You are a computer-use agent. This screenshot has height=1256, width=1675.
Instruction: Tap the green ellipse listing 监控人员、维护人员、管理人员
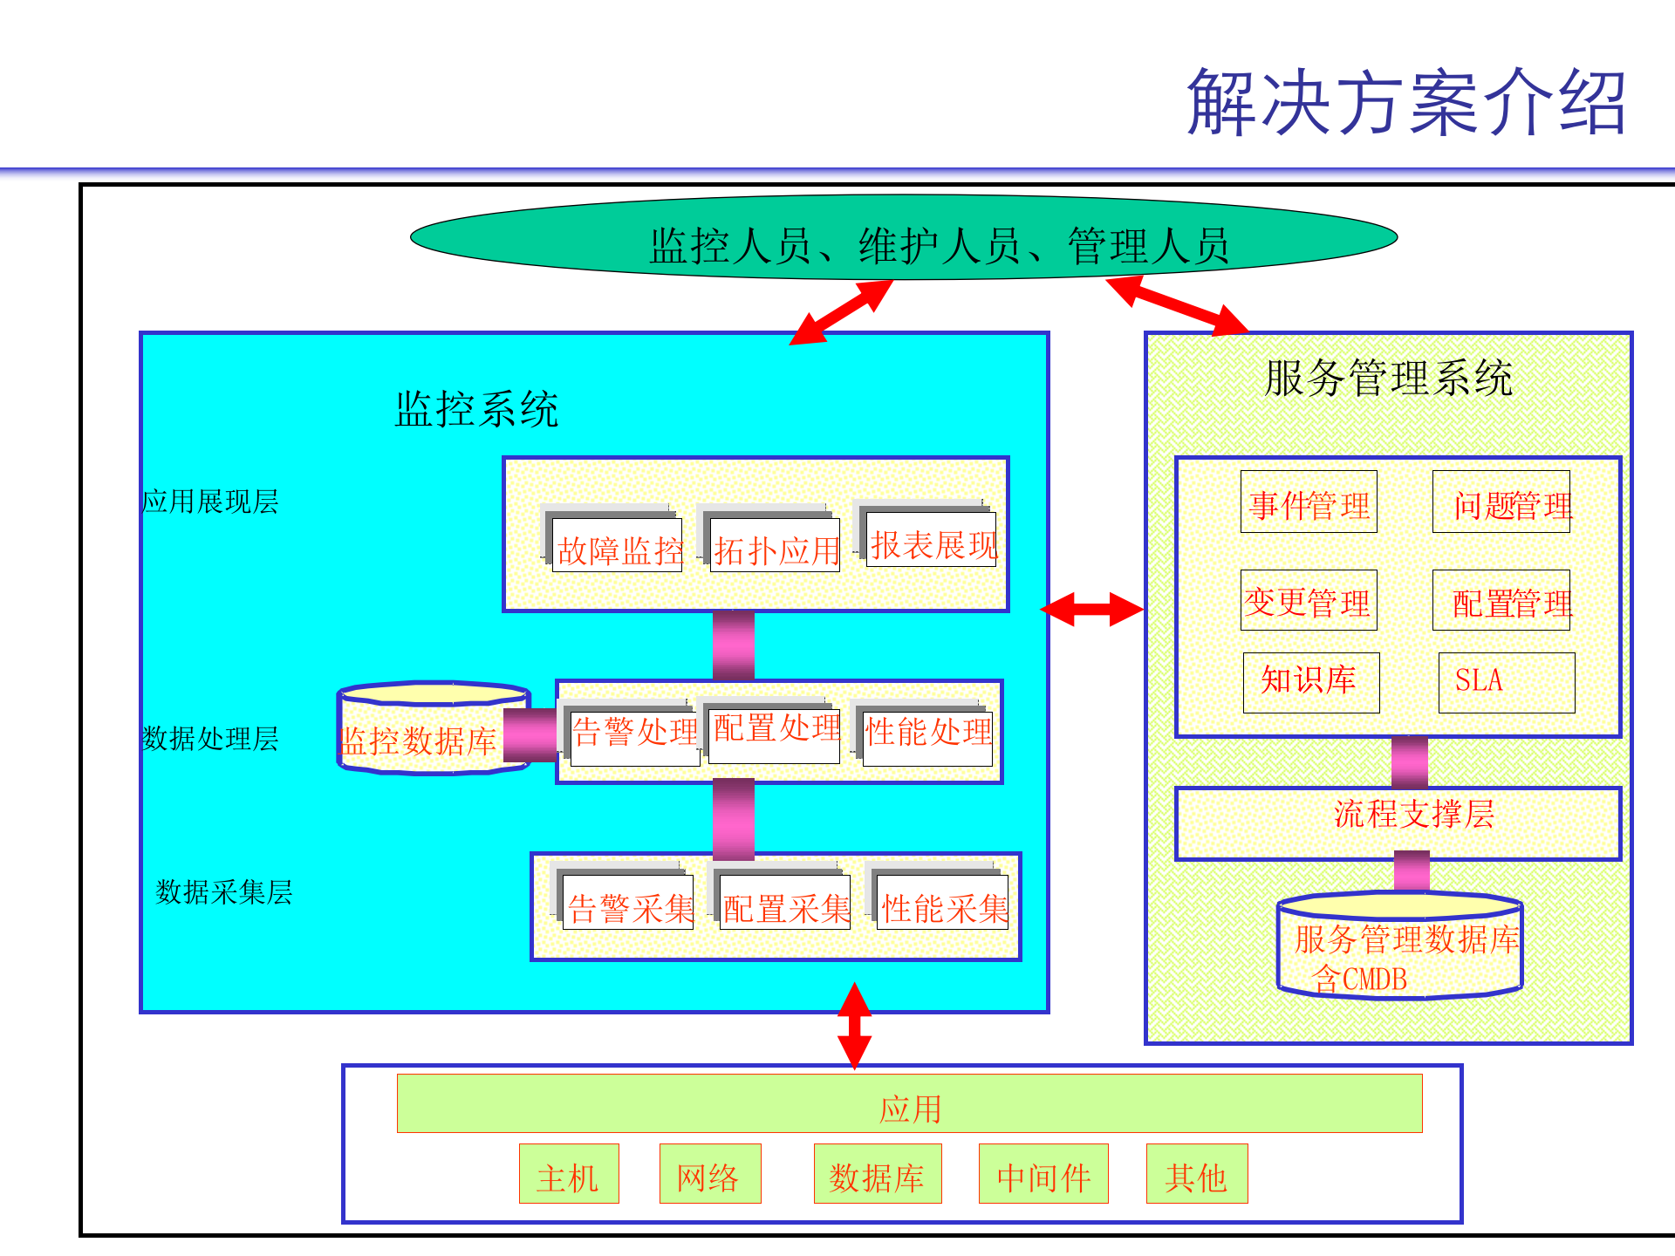click(x=904, y=238)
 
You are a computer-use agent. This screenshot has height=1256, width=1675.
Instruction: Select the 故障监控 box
click(x=617, y=545)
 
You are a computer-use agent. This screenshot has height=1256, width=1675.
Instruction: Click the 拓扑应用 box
click(x=775, y=545)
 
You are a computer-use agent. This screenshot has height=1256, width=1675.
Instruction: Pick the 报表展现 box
click(x=931, y=541)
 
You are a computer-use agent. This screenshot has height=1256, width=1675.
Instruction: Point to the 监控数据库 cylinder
click(x=434, y=730)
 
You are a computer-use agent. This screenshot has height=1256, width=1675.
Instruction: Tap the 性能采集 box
click(x=942, y=904)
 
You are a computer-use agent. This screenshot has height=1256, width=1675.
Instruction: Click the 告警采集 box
click(x=627, y=904)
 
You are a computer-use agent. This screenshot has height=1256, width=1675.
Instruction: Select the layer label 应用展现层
click(x=210, y=502)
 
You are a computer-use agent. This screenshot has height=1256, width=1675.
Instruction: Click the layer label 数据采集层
click(x=223, y=891)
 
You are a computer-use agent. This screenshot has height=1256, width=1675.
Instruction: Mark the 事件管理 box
click(x=1309, y=503)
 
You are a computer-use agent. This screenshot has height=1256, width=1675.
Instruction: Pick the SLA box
click(x=1506, y=682)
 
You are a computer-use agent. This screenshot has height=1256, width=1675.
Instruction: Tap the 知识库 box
click(x=1310, y=682)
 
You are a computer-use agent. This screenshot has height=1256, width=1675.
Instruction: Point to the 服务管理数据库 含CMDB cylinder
click(x=1400, y=947)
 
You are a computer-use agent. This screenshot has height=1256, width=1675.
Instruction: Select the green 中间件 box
click(x=1043, y=1174)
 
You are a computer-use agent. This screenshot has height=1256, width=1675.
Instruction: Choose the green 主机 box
click(x=569, y=1174)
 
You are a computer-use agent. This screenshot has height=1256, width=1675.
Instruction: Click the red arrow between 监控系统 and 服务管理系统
click(x=1092, y=609)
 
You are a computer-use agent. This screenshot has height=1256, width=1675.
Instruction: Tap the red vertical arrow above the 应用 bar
click(x=854, y=1027)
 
